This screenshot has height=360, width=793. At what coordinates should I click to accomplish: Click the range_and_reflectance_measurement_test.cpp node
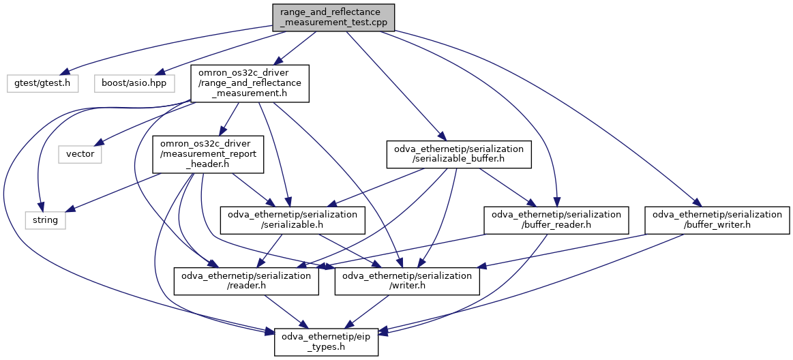pyautogui.click(x=333, y=17)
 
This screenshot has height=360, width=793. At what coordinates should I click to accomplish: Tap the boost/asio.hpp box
pyautogui.click(x=134, y=83)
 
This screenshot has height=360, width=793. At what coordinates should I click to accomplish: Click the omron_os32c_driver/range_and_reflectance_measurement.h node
pyautogui.click(x=250, y=83)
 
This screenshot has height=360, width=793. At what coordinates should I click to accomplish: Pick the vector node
pyautogui.click(x=80, y=154)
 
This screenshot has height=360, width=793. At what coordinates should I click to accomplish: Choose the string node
pyautogui.click(x=45, y=220)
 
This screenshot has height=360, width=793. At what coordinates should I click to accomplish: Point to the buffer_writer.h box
pyautogui.click(x=717, y=220)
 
